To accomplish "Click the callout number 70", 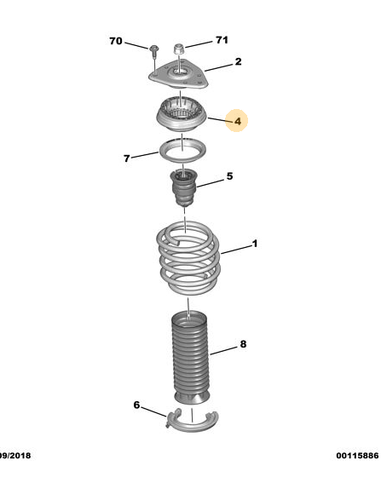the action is pos(116,41).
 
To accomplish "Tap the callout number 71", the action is pos(222,40).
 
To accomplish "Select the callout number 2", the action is pos(238,61).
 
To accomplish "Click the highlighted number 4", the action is pos(238,121).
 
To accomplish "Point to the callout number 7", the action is pos(127,158).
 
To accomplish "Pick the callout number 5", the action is pos(229,176).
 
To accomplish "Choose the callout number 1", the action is pos(255,244).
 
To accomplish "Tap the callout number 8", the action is pos(243,344).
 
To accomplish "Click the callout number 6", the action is pos(136,405).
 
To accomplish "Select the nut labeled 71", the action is pos(179,49).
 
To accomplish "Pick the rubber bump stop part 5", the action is pos(184,187).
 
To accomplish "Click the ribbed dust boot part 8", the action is pos(191,358).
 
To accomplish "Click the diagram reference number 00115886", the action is pos(357,455).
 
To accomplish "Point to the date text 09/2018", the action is pos(15,455).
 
